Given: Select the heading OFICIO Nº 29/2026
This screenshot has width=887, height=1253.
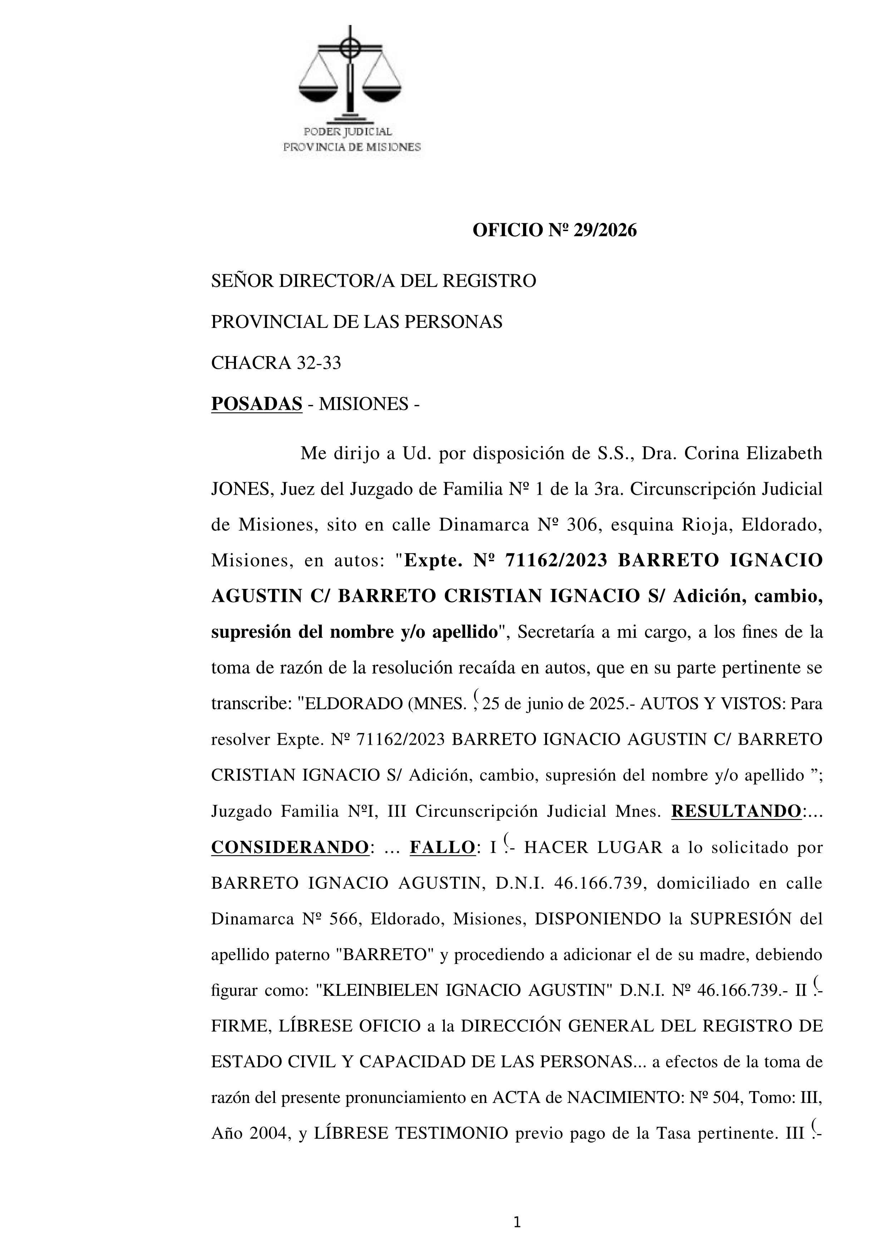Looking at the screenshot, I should point(555,231).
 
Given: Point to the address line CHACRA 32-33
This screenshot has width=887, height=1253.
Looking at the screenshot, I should point(276,363).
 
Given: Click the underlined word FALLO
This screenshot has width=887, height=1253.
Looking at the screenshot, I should point(442,848).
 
